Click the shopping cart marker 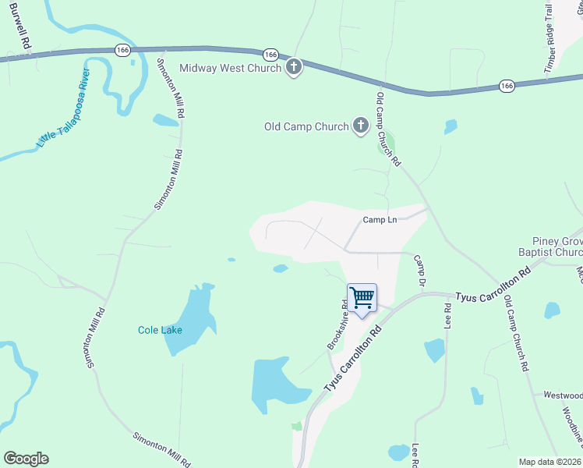pyautogui.click(x=362, y=298)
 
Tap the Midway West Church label pyautogui.click(x=230, y=68)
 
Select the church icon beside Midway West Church pyautogui.click(x=294, y=67)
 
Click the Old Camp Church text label pyautogui.click(x=306, y=126)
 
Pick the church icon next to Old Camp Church pyautogui.click(x=360, y=126)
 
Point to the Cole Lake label pyautogui.click(x=160, y=330)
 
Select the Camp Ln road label pyautogui.click(x=380, y=220)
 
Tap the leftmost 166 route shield pyautogui.click(x=122, y=49)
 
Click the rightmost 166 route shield pyautogui.click(x=507, y=85)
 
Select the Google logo pyautogui.click(x=26, y=459)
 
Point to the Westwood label pyautogui.click(x=563, y=395)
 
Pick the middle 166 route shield pyautogui.click(x=270, y=55)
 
